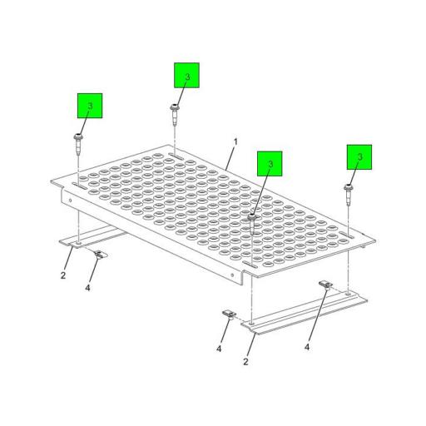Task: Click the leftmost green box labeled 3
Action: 90,106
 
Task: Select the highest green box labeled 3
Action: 186,76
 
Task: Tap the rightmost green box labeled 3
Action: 359,157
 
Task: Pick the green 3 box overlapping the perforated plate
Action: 270,164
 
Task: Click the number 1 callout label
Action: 235,142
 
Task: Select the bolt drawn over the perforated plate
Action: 252,223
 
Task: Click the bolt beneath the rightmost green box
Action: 348,194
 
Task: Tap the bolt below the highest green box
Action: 174,114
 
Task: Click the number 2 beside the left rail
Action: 63,275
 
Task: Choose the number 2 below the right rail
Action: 245,362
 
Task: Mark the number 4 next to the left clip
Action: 87,288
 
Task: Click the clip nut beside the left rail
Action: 99,255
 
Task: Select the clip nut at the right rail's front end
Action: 230,315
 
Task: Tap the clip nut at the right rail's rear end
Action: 326,285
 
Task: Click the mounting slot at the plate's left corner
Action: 80,186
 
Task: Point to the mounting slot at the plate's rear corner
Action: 176,156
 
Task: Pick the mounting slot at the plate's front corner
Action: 250,265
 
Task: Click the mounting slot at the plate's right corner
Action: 347,235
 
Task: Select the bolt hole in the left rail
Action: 79,243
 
